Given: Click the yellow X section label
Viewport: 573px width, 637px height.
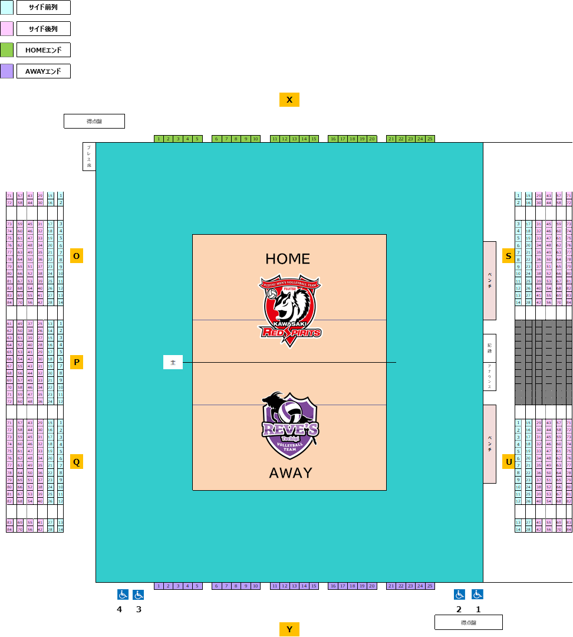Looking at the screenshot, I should click(289, 100).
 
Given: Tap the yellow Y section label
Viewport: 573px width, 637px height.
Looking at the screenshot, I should click(289, 629).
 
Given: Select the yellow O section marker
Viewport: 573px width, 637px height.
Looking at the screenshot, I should click(77, 255).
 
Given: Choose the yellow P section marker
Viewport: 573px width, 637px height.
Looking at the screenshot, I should click(77, 362).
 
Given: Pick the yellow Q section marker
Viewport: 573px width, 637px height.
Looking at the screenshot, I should click(77, 462).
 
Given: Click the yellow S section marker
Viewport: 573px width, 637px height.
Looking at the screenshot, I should click(508, 255).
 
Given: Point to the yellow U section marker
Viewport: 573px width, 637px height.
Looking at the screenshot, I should click(508, 462).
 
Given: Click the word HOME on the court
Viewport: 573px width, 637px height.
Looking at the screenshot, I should click(288, 259).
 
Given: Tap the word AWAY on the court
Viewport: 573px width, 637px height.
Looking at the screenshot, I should click(291, 473).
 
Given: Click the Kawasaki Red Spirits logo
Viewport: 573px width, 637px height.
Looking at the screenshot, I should click(289, 310).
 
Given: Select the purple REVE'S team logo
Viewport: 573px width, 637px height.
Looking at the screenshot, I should click(290, 425).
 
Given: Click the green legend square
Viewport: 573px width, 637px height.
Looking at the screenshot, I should click(6, 50).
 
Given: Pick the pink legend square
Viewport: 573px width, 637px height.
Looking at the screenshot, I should click(6, 28).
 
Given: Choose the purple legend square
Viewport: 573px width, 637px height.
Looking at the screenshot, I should click(6, 71).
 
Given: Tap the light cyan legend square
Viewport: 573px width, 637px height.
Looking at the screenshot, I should click(6, 7).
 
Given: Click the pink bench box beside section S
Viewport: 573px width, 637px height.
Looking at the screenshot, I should click(489, 281).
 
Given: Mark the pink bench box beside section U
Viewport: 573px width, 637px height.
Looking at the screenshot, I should click(489, 444).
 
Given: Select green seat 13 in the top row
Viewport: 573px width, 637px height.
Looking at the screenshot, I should click(294, 139).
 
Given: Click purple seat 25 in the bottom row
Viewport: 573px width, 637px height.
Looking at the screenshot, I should click(430, 586).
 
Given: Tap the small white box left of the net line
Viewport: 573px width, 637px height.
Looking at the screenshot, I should click(173, 362).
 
